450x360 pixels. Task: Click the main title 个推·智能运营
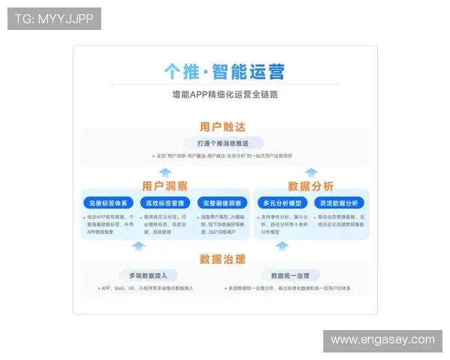[x=224, y=72]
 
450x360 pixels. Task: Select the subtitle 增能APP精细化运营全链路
[x=224, y=96]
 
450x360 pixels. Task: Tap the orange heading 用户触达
[x=223, y=127]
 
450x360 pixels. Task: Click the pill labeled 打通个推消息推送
[x=223, y=142]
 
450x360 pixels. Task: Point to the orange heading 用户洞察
[x=165, y=186]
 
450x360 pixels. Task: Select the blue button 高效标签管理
[x=165, y=202]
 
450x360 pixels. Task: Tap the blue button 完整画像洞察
[x=222, y=202]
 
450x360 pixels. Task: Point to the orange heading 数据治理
[x=223, y=259]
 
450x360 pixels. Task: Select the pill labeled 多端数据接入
[x=148, y=275]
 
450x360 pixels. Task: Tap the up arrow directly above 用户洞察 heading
[x=165, y=172]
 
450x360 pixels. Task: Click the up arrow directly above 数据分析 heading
[x=310, y=172]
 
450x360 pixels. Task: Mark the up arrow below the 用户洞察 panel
[x=138, y=245]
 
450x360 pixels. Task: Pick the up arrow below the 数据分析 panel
[x=310, y=245]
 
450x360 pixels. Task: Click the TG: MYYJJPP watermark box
[x=54, y=18]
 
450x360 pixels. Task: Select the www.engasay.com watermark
[x=382, y=340]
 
